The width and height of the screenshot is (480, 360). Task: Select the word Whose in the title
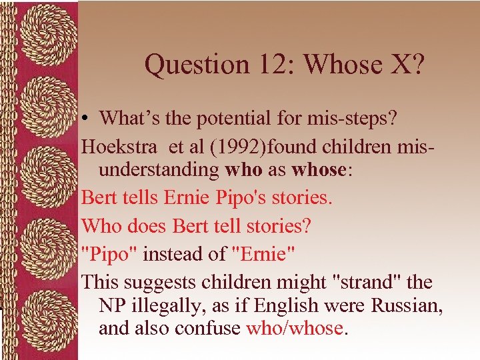pyautogui.click(x=338, y=65)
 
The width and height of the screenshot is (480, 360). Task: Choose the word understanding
pyautogui.click(x=158, y=169)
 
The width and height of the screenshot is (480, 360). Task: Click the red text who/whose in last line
pyautogui.click(x=293, y=328)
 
